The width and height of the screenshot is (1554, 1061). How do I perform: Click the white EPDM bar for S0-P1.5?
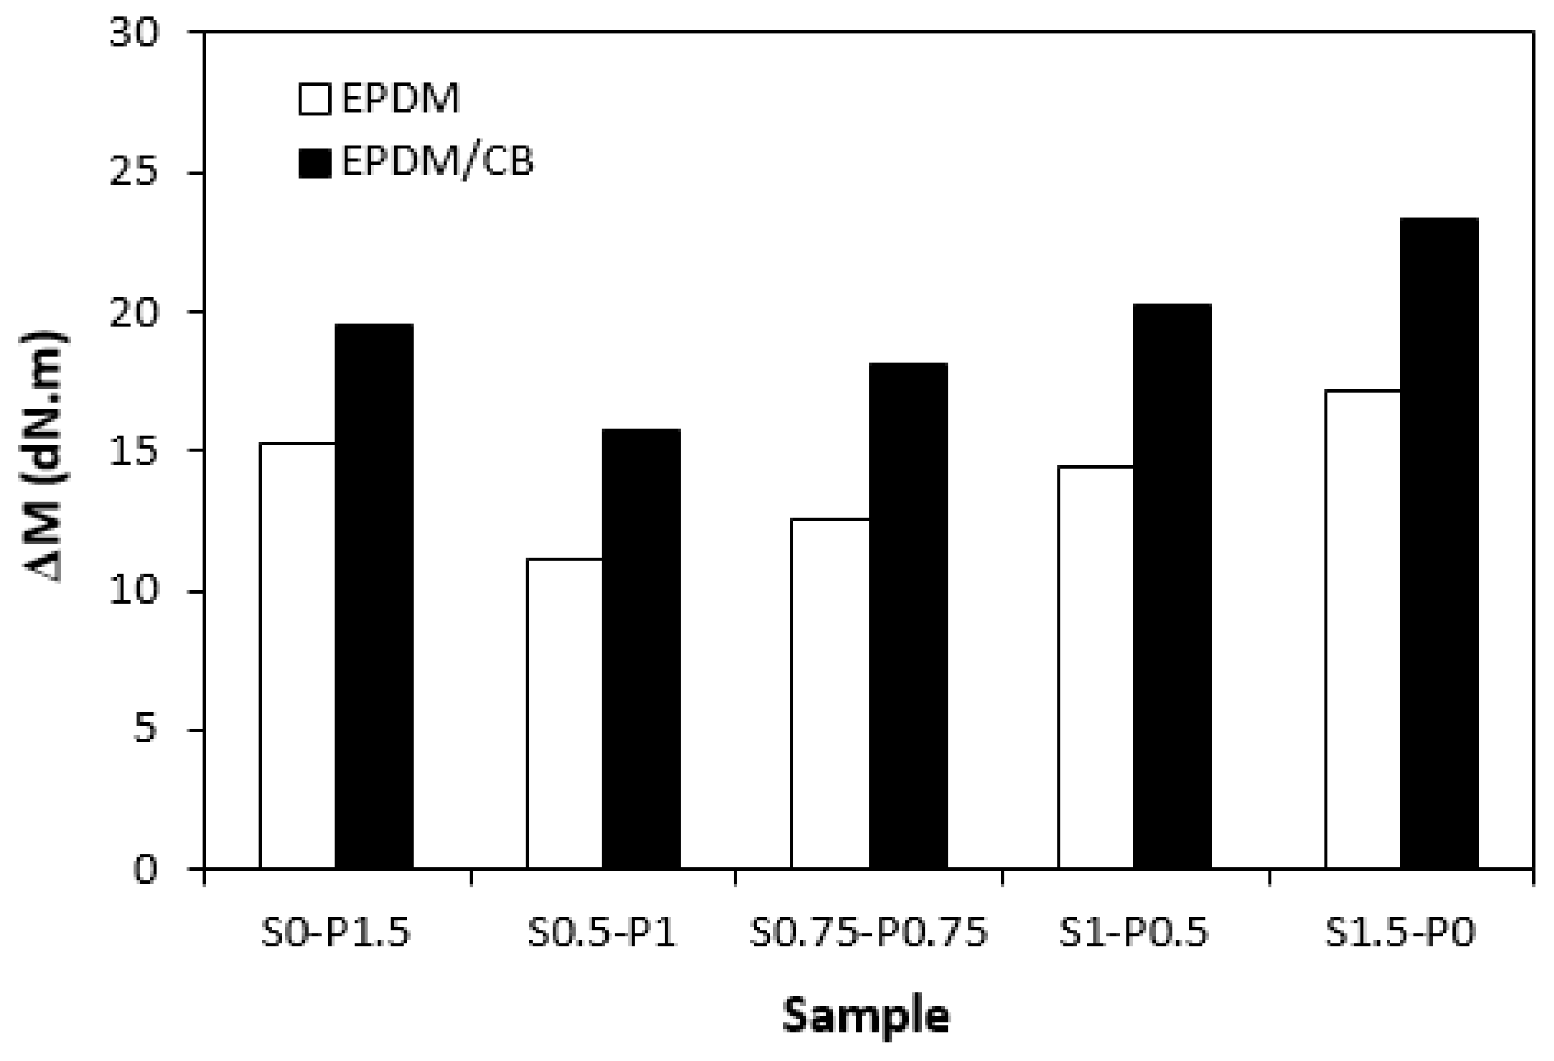pos(297,655)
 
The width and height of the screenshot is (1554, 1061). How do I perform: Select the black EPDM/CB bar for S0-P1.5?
pos(374,596)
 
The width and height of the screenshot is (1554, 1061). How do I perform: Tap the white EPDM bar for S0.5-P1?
pos(564,712)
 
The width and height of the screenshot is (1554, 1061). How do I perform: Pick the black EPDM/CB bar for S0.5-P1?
pos(642,648)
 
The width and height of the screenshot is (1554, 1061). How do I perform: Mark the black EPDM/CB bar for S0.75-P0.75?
pos(908,616)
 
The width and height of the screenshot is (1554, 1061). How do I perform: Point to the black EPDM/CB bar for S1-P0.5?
pos(1172,586)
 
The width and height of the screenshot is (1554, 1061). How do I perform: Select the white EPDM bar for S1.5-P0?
pos(1362,629)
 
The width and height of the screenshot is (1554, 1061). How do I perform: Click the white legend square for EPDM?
pos(314,100)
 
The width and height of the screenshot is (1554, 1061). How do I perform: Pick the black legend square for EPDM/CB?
pos(314,163)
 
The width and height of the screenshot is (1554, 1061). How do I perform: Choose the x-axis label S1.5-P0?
pos(1400,933)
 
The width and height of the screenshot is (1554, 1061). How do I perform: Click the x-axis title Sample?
pos(866,1016)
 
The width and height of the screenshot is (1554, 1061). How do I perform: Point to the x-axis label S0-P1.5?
pos(336,933)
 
